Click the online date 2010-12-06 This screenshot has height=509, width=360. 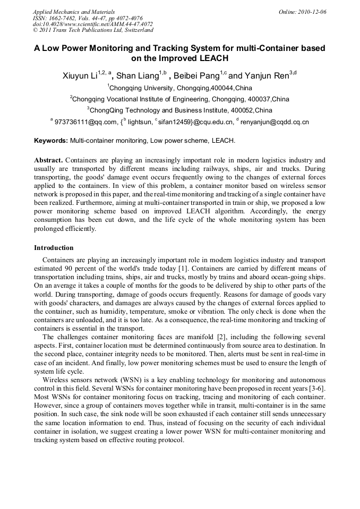click(x=313, y=11)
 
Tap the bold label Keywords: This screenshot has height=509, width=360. click(x=51, y=141)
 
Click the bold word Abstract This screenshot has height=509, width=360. click(x=49, y=160)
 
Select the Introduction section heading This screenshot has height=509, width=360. click(x=54, y=248)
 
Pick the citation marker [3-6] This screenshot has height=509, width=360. click(x=317, y=390)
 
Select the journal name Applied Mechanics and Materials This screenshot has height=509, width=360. click(x=73, y=11)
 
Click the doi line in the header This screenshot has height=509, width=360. click(x=92, y=24)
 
